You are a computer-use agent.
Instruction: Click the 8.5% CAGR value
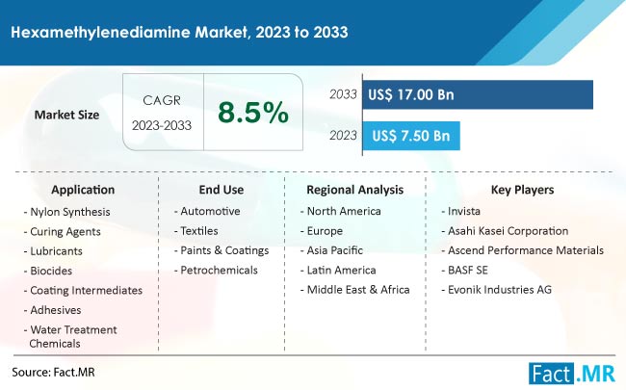pos(253,112)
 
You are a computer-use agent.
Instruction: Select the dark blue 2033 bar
pos(478,94)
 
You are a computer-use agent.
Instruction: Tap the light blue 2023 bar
pos(411,136)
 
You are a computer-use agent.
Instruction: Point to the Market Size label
pos(66,115)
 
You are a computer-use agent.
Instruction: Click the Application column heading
pos(83,190)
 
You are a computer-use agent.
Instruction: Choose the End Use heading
pos(222,190)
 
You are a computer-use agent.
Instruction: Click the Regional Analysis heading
pos(355,190)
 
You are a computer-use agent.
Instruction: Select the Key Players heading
pos(522,190)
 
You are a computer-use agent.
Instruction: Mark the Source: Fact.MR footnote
pos(54,372)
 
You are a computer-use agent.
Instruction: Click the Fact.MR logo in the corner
pos(572,374)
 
